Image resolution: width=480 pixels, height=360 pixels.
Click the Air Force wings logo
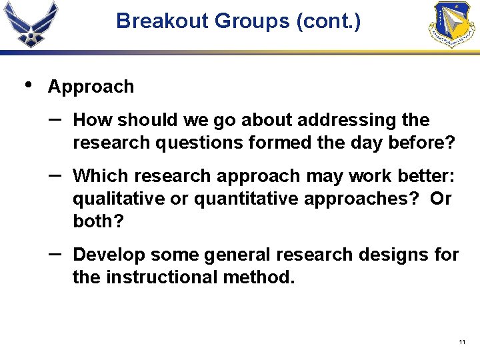coord(31,24)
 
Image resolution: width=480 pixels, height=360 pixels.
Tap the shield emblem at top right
coord(451,24)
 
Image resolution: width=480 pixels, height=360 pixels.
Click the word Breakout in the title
coord(162,21)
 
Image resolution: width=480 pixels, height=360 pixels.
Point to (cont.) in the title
coord(329,21)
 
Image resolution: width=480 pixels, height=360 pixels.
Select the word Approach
coord(91,87)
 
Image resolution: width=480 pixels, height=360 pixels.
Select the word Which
coord(100,176)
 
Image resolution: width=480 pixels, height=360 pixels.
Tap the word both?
coord(98,221)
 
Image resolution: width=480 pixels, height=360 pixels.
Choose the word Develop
coord(109,255)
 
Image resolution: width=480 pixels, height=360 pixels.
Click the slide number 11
coord(461,342)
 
